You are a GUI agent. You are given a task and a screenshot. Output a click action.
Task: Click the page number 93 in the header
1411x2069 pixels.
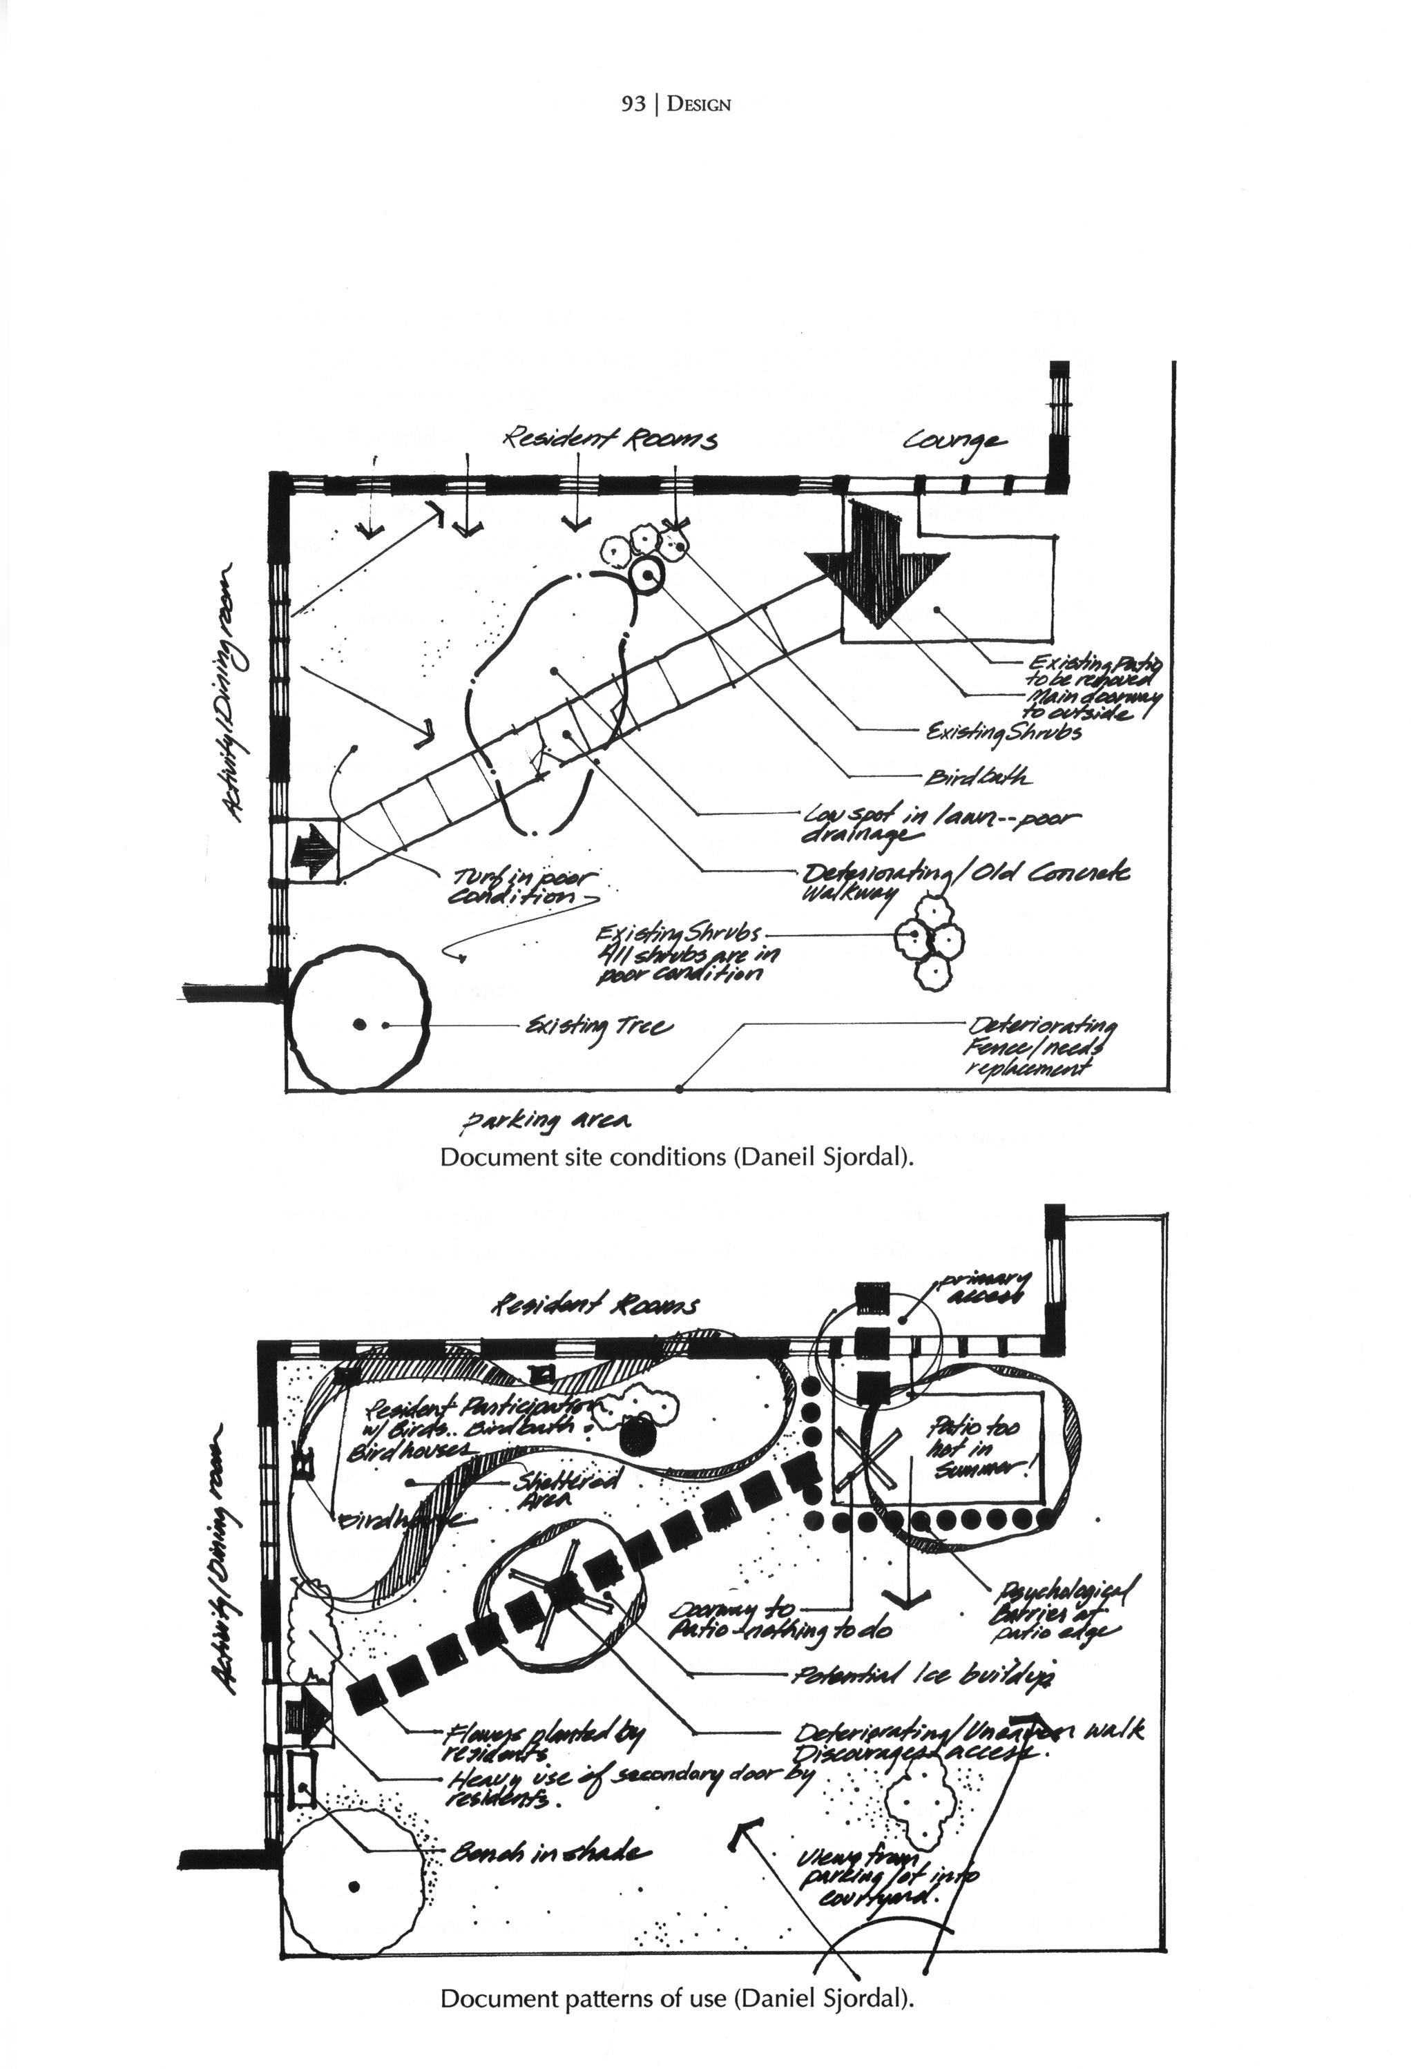click(632, 104)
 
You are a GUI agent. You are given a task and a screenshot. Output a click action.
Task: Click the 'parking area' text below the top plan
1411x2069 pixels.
click(546, 1123)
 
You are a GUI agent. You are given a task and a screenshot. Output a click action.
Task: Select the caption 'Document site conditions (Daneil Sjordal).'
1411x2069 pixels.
click(677, 1157)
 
